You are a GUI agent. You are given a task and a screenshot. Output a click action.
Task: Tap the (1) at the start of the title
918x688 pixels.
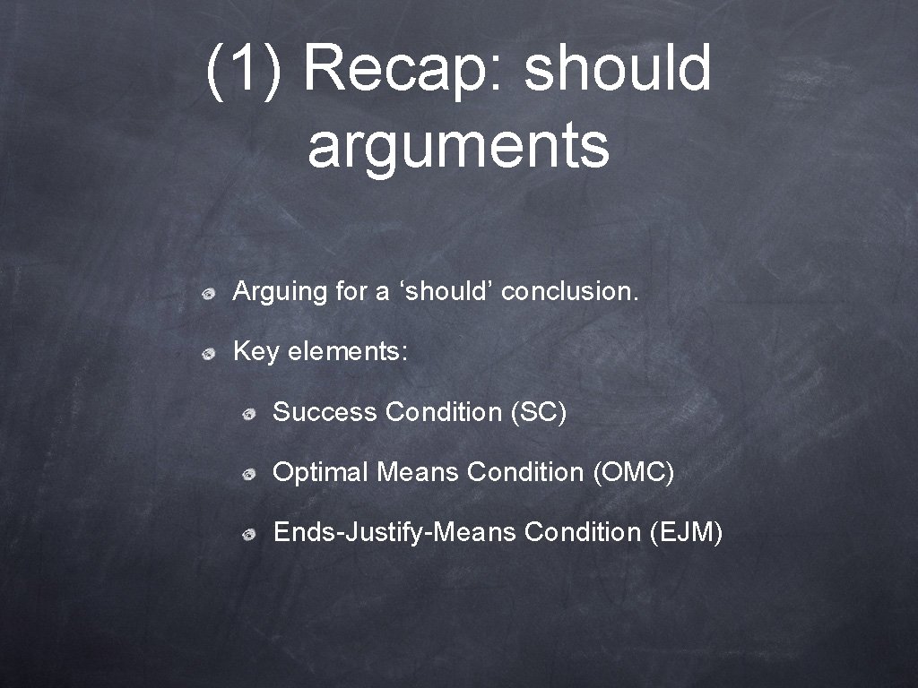[242, 69]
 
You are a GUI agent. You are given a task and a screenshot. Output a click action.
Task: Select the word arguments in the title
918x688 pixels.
[458, 146]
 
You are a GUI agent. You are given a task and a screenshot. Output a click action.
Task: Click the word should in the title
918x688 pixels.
[618, 69]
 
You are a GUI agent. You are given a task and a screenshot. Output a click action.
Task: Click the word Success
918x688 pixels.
[325, 412]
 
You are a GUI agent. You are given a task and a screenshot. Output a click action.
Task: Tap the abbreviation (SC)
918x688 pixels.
[538, 412]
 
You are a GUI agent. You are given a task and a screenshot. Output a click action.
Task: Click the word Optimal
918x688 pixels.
[320, 472]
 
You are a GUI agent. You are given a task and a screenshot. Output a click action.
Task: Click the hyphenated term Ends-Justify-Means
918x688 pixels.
[394, 532]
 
